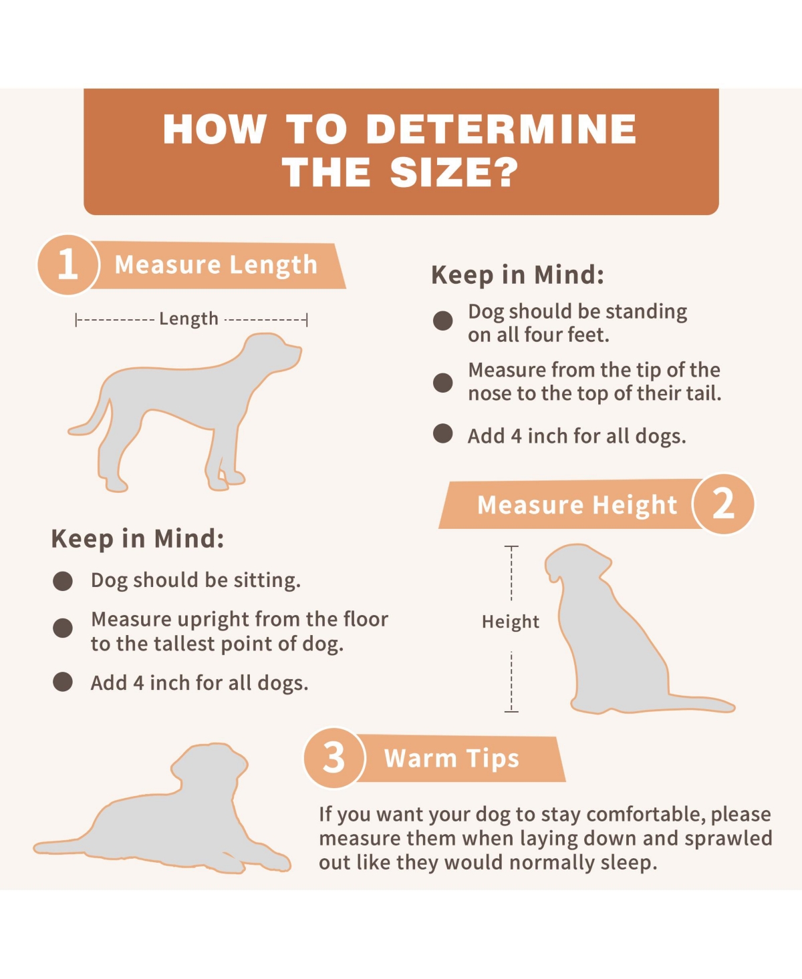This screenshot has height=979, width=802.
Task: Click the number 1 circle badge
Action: pos(68,264)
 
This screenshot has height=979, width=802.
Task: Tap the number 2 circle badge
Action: pos(723,504)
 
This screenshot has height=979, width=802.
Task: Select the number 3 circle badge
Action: pos(334,758)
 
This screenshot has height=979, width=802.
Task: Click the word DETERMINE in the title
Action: pos(501,130)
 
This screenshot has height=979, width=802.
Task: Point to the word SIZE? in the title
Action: pos(454,172)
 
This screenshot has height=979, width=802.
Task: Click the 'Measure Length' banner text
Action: pos(216,265)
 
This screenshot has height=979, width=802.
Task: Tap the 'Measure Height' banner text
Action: pos(577,505)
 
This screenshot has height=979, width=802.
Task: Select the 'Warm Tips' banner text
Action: pos(451,759)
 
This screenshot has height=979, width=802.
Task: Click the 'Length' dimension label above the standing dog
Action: pos(188,319)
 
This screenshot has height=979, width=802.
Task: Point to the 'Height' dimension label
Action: pos(510,622)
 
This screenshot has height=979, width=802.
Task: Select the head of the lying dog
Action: pos(210,767)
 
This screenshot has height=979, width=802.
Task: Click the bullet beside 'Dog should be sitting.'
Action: pos(63,581)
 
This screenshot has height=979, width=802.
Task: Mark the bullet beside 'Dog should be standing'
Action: pos(443,321)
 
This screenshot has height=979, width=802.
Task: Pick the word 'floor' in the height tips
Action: pos(365,619)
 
